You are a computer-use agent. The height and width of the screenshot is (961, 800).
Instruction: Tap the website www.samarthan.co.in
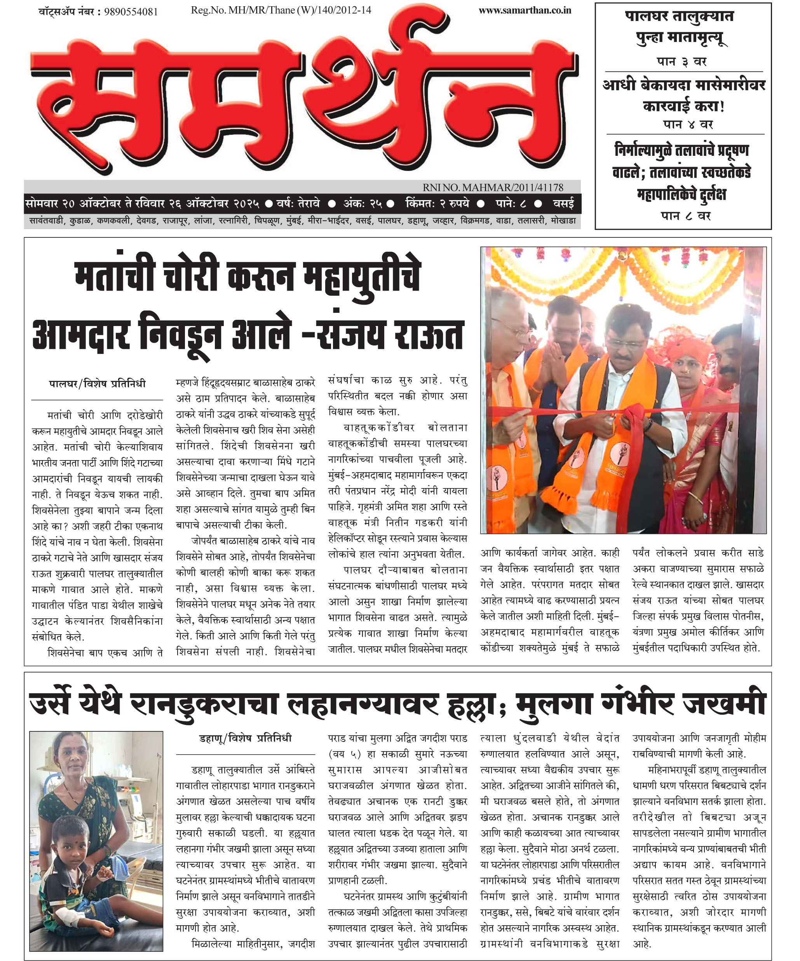(525, 10)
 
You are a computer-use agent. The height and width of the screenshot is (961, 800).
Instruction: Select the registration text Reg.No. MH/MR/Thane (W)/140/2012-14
(281, 10)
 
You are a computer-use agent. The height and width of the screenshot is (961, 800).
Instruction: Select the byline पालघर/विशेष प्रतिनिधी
(97, 384)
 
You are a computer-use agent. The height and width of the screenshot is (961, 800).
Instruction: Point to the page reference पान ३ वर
(681, 61)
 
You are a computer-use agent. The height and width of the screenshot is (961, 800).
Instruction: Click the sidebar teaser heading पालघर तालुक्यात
(679, 17)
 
